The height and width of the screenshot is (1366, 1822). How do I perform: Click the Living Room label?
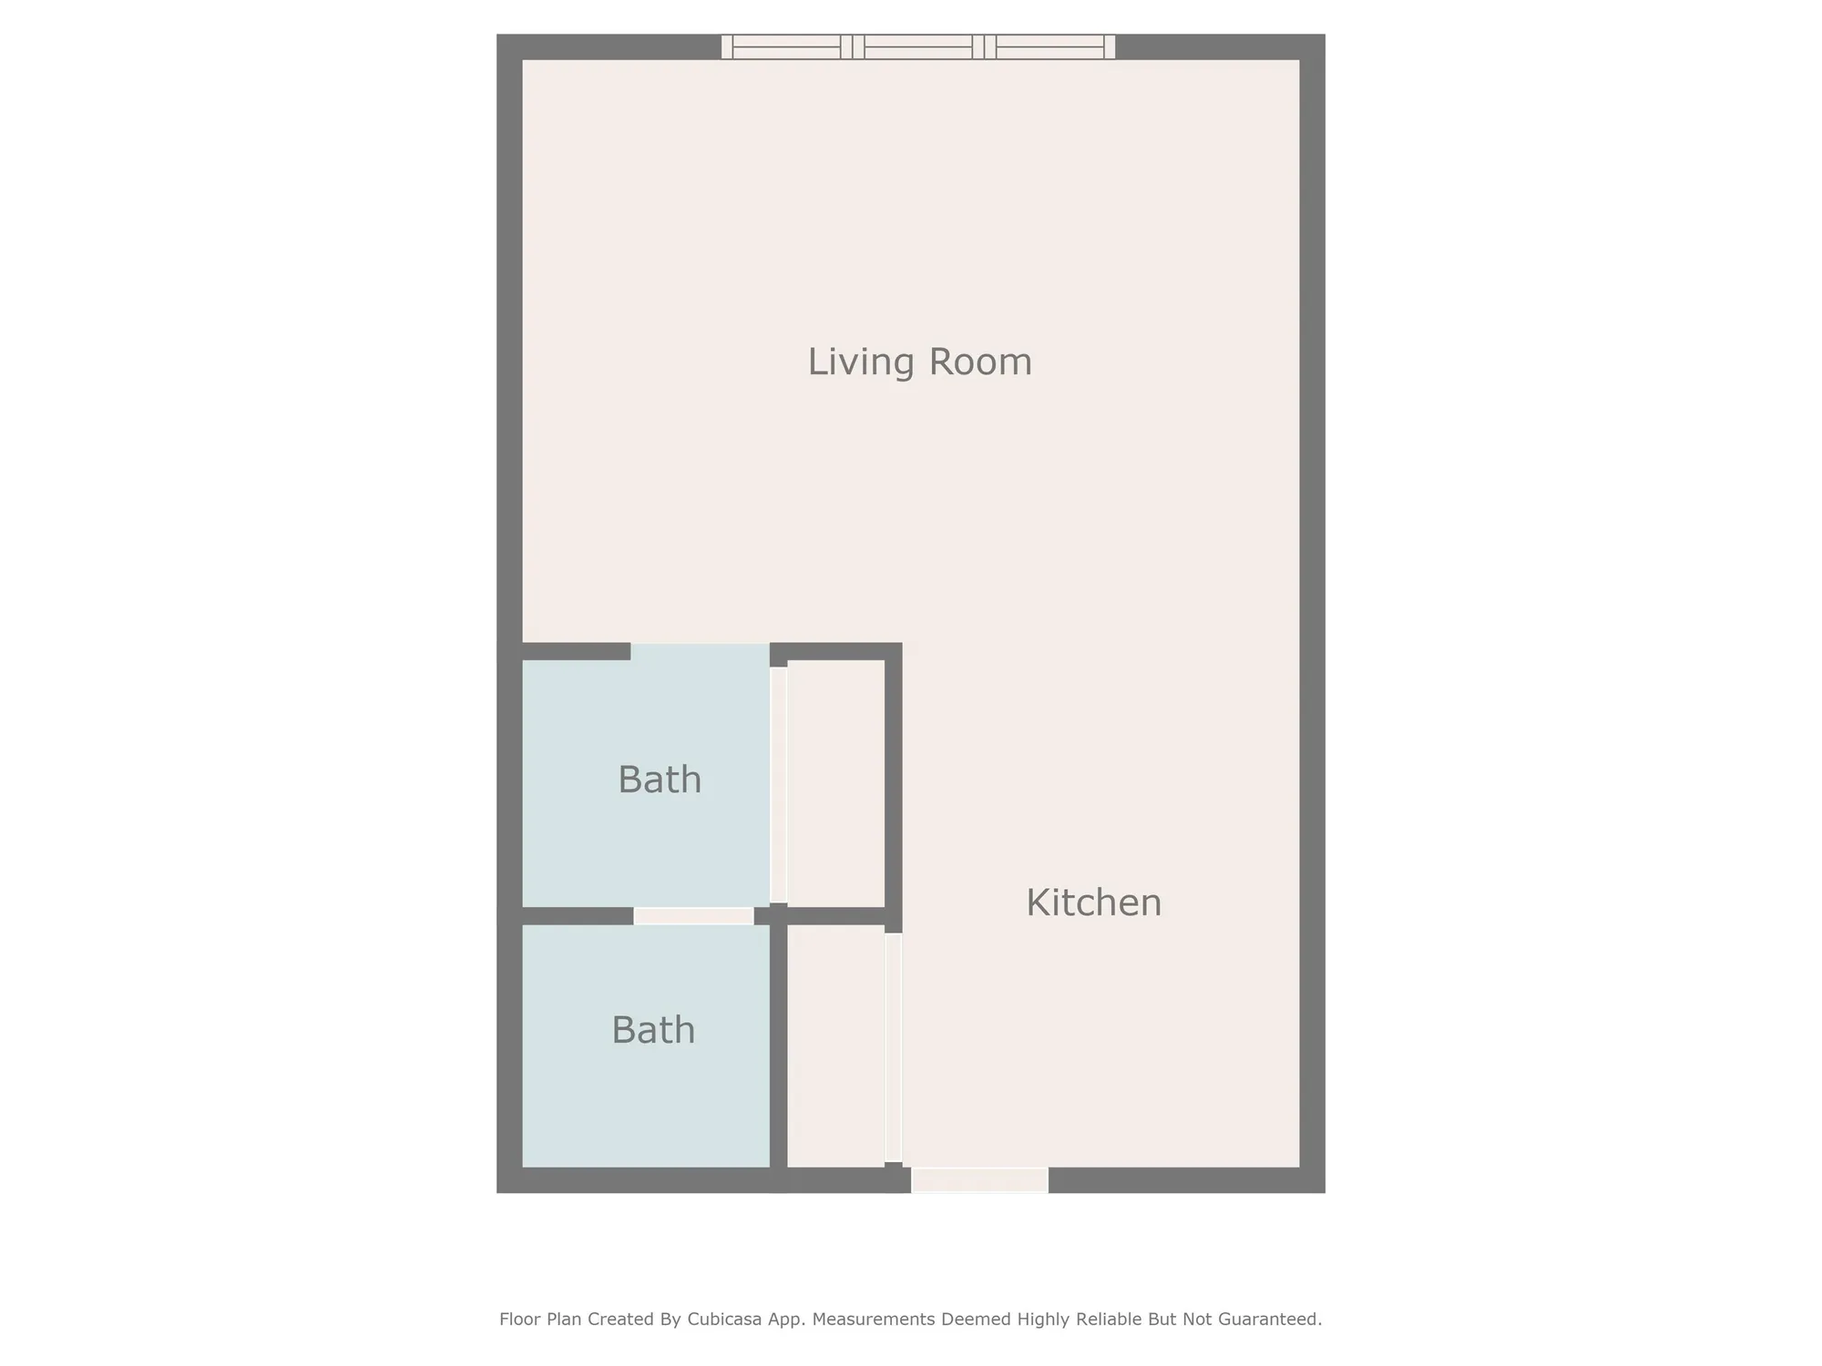919,362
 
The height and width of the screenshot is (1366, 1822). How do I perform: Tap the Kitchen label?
1093,902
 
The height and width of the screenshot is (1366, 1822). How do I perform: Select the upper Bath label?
660,780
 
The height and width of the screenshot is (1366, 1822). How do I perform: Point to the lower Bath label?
653,1030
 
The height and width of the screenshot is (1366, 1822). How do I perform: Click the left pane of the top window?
786,46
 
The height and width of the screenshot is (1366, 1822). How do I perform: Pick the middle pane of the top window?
918,46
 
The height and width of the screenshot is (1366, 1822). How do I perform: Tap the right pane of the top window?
1049,46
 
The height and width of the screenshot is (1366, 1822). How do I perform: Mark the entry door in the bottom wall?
979,1180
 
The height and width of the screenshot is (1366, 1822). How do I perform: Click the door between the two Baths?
693,916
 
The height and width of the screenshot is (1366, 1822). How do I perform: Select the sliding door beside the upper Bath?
778,784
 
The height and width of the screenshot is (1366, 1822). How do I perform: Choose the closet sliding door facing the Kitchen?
893,1047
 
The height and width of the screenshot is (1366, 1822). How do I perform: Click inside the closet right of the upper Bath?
835,783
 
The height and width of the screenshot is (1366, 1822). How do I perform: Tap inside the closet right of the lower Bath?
835,1045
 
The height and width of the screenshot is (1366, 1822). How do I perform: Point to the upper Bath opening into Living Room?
700,650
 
